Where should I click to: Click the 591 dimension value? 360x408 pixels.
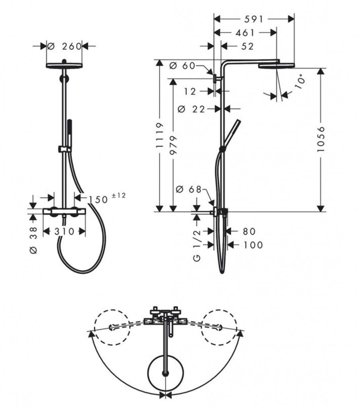(254, 19)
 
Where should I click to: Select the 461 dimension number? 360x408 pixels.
(245, 33)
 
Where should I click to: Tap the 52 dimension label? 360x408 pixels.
(247, 46)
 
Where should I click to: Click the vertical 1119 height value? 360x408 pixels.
(159, 135)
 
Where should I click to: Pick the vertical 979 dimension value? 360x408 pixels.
(173, 145)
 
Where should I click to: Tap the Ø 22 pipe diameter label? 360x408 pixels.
(191, 109)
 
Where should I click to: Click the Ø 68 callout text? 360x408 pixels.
(189, 189)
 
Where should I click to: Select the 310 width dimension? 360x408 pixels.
(64, 231)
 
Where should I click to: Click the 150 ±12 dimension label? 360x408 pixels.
(107, 198)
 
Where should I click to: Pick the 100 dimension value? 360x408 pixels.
(253, 245)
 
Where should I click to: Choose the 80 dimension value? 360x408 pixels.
(249, 231)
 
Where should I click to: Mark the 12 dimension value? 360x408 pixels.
(190, 91)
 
